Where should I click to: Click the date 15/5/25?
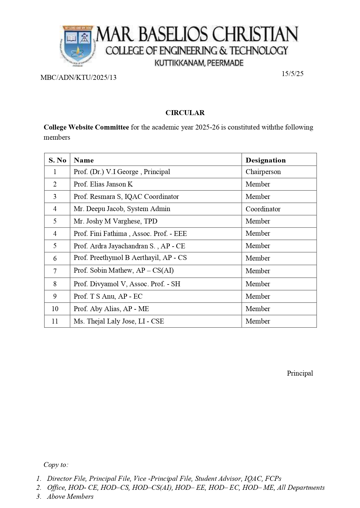292,74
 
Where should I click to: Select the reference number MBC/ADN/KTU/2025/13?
78,77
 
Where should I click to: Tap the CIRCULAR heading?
185,113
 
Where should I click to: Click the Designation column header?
265,160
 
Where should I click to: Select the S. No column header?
57,160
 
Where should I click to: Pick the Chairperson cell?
263,172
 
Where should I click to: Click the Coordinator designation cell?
263,209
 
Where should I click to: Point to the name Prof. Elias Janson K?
103,184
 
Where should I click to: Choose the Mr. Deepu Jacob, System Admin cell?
122,209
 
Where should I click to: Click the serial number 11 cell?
55,321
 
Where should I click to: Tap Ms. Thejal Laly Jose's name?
119,321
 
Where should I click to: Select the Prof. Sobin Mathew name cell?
124,271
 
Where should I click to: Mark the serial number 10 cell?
55,309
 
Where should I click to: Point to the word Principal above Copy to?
300,373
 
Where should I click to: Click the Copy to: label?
56,465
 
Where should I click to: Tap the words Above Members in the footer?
70,496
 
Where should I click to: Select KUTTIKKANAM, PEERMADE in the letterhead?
199,63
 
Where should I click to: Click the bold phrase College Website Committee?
86,127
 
